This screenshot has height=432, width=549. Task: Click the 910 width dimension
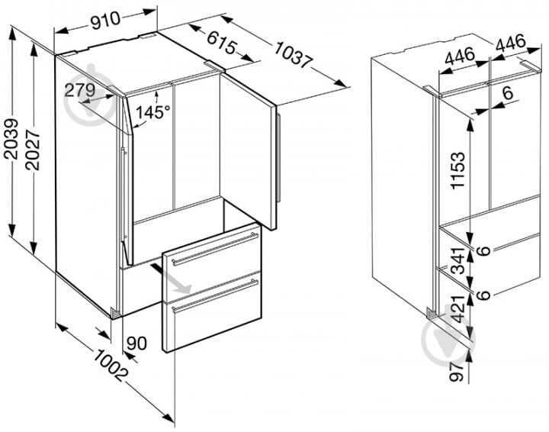coord(105,21)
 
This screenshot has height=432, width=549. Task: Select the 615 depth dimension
coord(222,43)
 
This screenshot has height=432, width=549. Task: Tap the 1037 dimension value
coord(293,54)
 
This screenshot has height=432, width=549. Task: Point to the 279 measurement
coord(80,90)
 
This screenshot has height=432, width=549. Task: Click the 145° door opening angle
coord(152,112)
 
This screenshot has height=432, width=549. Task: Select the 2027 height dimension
coord(32,150)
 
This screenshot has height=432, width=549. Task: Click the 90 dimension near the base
coord(136,343)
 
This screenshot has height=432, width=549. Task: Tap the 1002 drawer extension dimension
coord(110,365)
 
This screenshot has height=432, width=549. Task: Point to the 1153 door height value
coord(457,170)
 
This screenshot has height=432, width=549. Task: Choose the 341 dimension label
coord(457,261)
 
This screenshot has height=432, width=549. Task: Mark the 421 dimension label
coord(457,308)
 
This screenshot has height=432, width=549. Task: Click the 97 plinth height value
coord(457,372)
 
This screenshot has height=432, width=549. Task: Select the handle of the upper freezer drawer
coord(214,248)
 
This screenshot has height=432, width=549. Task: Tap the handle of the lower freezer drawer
coord(215,295)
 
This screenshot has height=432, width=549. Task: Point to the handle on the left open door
coord(123,195)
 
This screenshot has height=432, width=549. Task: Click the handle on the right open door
coord(278,158)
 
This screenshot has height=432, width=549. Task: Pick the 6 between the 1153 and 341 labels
coord(484,251)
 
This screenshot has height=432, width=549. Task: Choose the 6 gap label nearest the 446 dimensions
coord(507,93)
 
